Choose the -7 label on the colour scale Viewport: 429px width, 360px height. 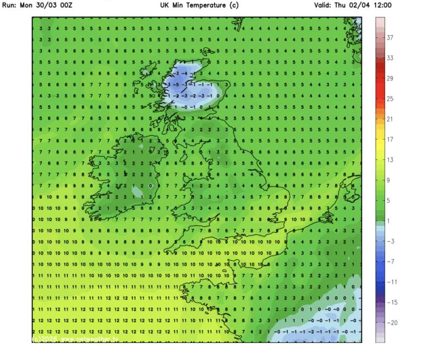tap(390, 261)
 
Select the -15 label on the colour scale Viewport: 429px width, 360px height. tap(392, 302)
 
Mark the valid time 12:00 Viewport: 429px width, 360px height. tap(382, 5)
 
